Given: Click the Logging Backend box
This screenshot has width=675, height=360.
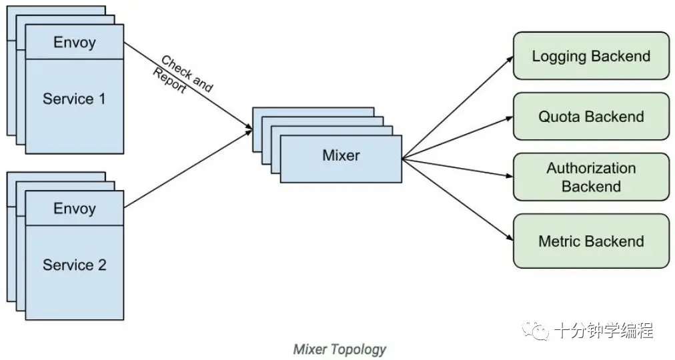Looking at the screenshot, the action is click(591, 56).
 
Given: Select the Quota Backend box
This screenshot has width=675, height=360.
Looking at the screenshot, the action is click(591, 117).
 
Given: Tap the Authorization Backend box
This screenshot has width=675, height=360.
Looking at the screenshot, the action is click(591, 177).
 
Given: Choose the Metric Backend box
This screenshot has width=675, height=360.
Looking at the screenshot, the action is click(591, 241).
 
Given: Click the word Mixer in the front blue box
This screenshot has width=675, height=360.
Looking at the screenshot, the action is click(341, 155).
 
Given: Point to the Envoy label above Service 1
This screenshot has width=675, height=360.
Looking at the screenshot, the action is click(75, 42).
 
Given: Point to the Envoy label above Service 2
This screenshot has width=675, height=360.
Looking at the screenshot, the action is click(75, 208).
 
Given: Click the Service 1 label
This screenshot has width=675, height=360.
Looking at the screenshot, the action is click(74, 99).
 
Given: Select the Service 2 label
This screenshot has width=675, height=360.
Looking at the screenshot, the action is click(74, 265).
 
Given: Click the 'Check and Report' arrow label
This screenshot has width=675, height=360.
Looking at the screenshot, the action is click(183, 75).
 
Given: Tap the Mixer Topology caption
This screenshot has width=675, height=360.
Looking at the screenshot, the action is click(340, 349).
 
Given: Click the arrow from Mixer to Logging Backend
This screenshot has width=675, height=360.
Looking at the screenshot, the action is click(458, 107).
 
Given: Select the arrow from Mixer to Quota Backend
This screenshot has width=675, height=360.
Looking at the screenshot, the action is click(458, 137).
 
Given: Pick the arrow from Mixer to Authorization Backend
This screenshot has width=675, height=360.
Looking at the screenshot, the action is click(458, 168).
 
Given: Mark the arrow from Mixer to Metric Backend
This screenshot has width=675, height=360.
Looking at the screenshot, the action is click(458, 199).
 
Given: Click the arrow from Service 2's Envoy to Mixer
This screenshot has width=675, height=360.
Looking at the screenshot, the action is click(188, 169).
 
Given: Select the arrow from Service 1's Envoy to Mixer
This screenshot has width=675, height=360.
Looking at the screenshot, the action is click(188, 85).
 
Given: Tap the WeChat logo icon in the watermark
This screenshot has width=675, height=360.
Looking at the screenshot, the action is click(535, 330).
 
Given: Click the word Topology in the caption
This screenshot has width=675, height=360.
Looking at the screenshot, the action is click(358, 349).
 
